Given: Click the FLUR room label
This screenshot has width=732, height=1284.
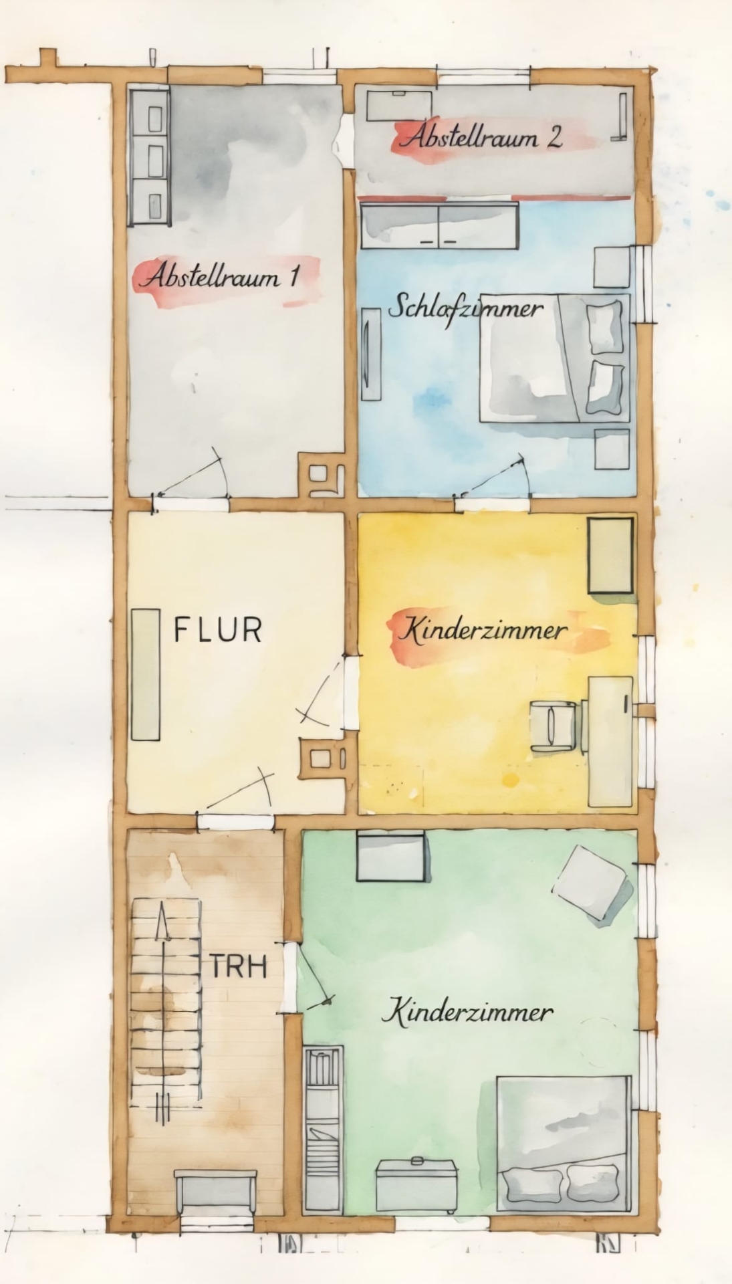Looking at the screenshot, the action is [217, 630].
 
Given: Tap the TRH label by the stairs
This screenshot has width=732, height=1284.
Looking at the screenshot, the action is [239, 966].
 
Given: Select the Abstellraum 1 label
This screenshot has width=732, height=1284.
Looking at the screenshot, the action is [219, 276].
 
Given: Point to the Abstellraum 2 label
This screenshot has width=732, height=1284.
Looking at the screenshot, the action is [481, 137].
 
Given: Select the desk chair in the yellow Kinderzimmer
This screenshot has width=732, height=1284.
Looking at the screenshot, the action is [553, 724].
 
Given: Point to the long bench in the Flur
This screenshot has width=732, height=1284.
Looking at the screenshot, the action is [146, 675].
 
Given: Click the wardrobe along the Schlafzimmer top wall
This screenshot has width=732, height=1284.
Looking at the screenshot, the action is [439, 225].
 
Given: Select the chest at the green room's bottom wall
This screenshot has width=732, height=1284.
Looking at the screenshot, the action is [417, 1183].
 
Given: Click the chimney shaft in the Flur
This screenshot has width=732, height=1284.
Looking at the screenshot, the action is [325, 758].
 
